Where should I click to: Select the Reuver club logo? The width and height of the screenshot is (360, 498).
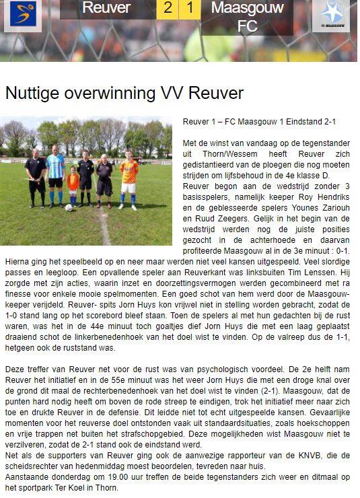click(23, 15)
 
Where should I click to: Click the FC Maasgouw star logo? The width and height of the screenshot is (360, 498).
click(331, 15)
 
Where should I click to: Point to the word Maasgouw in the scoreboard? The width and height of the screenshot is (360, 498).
click(247, 8)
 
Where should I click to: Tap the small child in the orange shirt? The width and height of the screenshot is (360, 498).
click(73, 185)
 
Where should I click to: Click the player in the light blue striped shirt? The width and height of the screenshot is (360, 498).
click(55, 176)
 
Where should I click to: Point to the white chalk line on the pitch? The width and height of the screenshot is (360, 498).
click(104, 229)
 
